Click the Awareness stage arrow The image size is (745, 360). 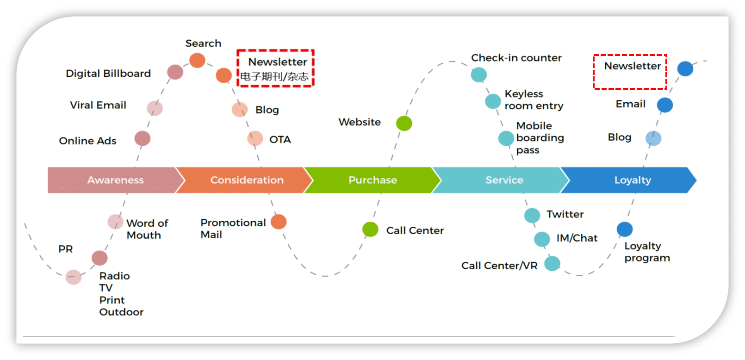tap(113, 180)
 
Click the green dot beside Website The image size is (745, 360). tap(404, 124)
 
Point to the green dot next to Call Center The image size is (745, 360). tap(370, 230)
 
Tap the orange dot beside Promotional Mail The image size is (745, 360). tap(279, 222)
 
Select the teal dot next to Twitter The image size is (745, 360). tap(532, 215)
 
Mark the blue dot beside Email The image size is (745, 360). tap(665, 105)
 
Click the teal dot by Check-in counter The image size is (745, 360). tap(479, 74)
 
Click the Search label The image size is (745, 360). tap(203, 43)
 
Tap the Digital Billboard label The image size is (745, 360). tap(108, 74)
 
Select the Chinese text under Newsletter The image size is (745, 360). tap(274, 77)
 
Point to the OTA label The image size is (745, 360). tap(280, 140)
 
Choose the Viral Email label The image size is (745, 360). tap(98, 106)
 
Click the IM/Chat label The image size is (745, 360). tap(577, 238)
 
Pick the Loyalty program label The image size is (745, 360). tap(647, 252)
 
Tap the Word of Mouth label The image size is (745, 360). tap(147, 230)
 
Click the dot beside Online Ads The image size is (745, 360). tap(143, 138)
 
